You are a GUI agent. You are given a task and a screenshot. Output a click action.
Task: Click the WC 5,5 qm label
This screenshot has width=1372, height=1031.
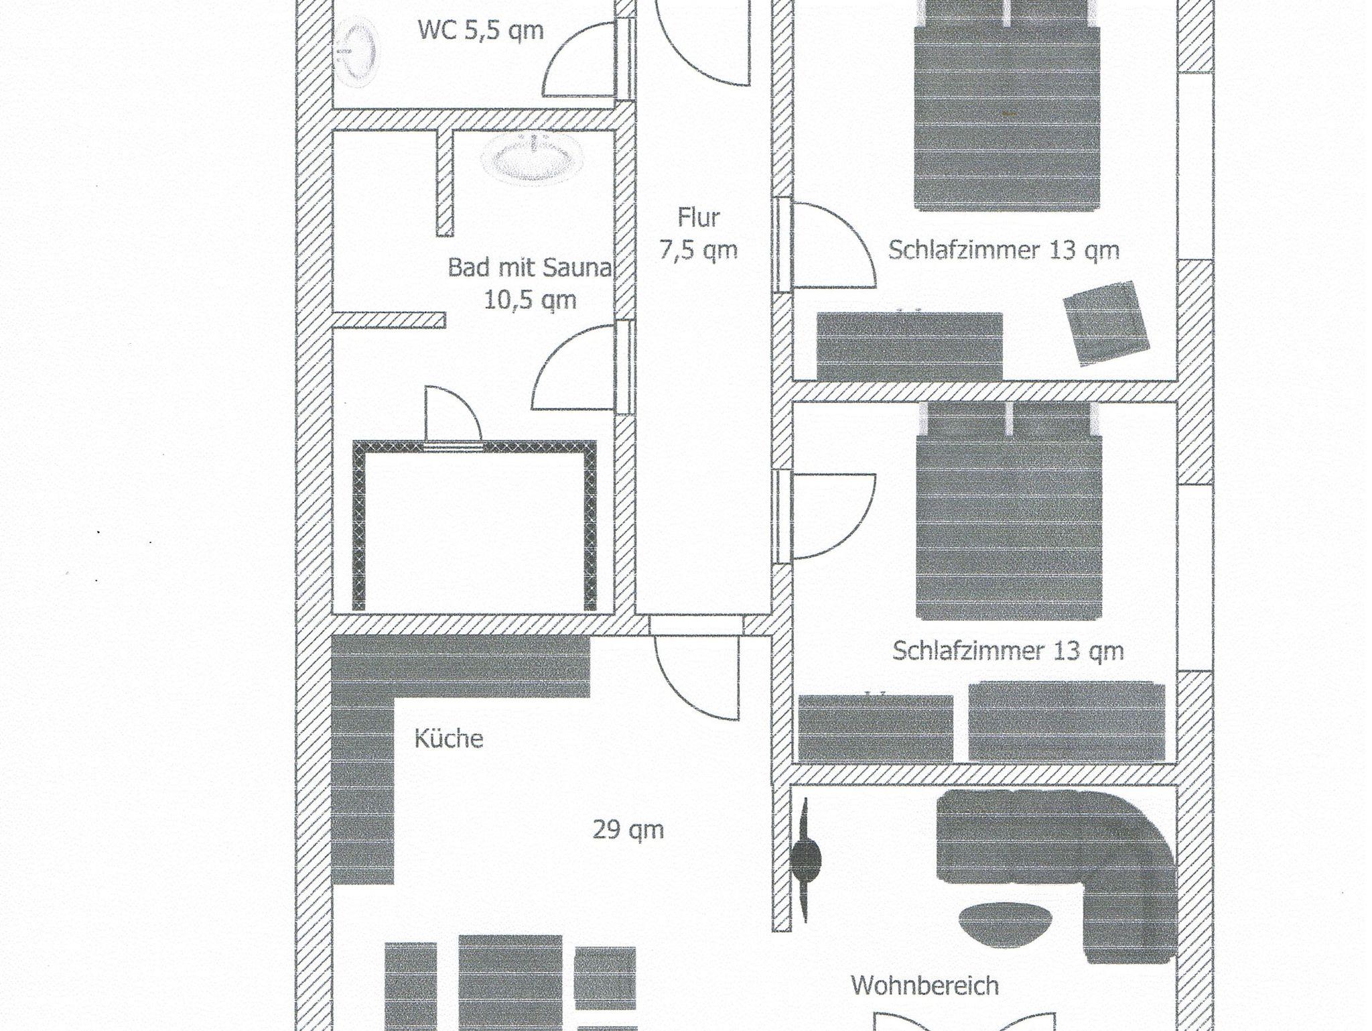(480, 31)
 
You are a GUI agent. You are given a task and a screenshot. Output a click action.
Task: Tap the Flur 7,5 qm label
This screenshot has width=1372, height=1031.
(698, 233)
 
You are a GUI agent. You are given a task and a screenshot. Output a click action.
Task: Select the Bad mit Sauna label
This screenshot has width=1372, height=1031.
(530, 268)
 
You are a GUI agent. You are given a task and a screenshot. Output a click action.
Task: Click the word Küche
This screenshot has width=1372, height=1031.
(448, 738)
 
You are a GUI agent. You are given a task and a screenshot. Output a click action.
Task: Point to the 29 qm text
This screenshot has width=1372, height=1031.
(628, 830)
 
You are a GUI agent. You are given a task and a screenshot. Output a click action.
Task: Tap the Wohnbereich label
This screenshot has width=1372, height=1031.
(924, 985)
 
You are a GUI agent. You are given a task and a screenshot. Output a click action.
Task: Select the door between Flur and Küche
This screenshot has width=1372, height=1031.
(697, 677)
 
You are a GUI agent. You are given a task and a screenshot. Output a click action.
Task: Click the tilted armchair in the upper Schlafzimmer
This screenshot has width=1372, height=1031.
(1107, 322)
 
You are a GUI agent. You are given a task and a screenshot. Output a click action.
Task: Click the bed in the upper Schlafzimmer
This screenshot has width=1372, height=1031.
(1008, 107)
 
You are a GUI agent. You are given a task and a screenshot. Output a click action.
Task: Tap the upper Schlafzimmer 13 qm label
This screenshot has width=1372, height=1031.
(1004, 250)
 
